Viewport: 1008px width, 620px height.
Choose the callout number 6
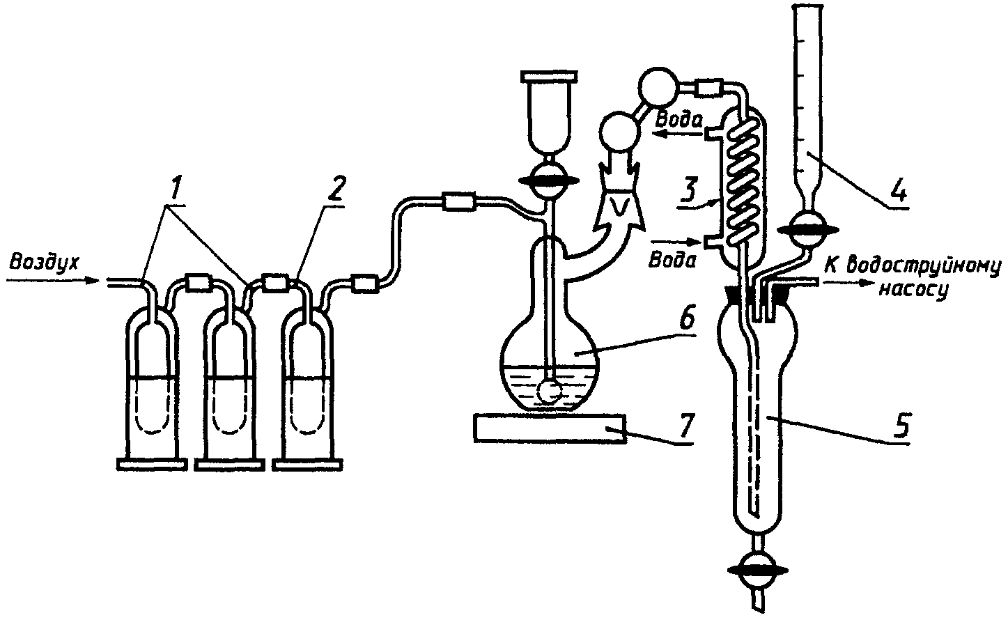[685, 427]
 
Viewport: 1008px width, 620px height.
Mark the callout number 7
[548, 428]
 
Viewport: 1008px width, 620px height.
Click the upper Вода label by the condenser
[679, 121]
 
